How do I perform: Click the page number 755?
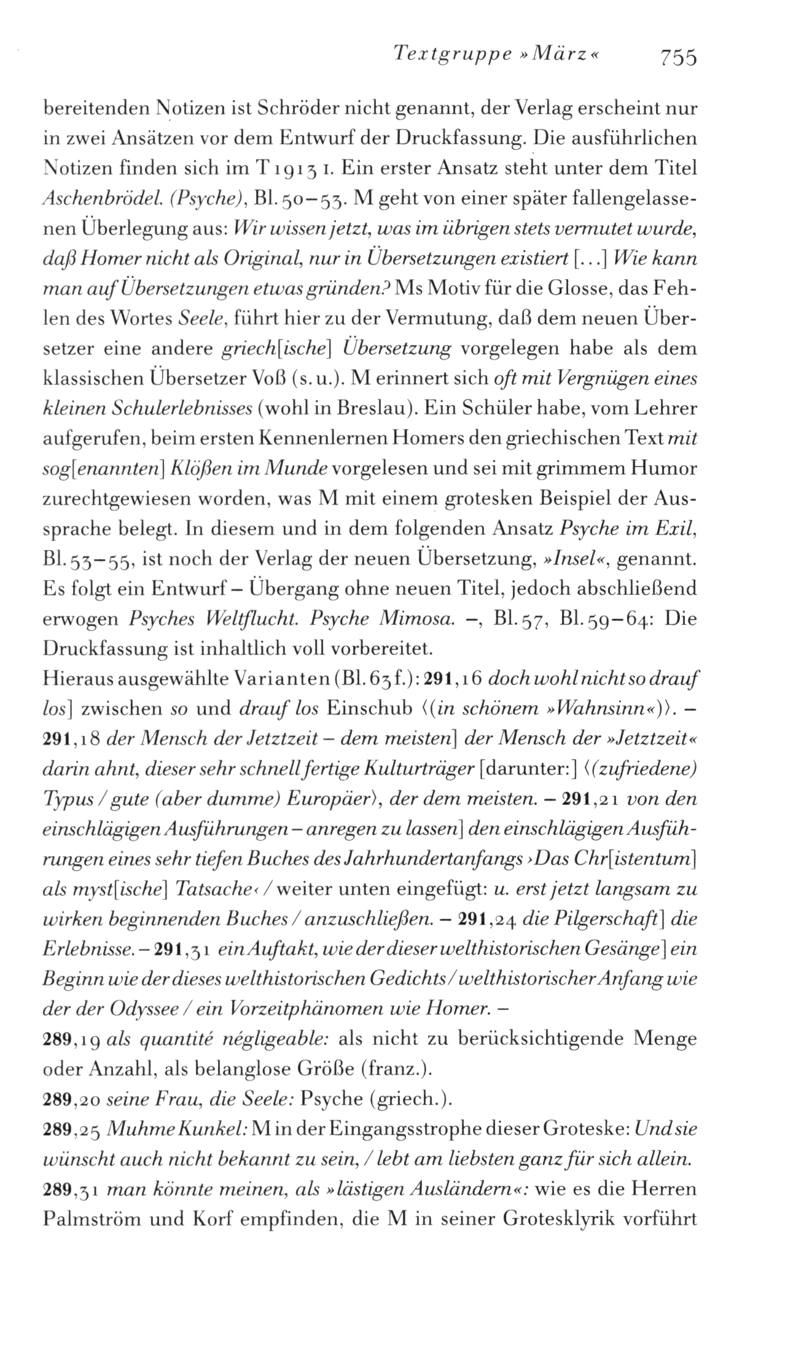pos(678,58)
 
